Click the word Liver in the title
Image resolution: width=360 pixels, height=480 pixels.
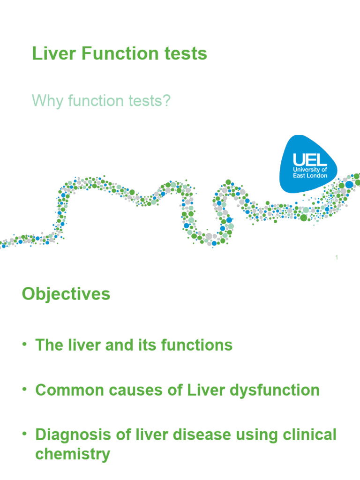tap(49, 54)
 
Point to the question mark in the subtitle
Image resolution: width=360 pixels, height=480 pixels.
tap(166, 100)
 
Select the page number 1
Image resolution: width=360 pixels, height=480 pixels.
tap(337, 257)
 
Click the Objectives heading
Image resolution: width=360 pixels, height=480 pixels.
tap(66, 294)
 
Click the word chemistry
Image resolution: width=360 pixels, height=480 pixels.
tap(73, 454)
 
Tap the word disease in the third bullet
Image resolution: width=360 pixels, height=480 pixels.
tap(206, 435)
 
